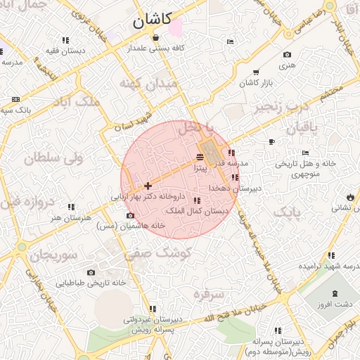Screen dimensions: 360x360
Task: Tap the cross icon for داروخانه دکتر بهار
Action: coord(148,186)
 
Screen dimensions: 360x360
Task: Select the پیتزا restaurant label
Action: coord(200,169)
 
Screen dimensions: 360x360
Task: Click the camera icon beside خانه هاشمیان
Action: coord(130,215)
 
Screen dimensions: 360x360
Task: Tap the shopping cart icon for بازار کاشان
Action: coord(256,72)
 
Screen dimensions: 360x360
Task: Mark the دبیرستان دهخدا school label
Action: coord(235,188)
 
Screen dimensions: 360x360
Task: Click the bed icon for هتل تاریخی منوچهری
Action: coord(304,153)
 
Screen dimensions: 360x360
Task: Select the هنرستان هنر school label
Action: coord(71,217)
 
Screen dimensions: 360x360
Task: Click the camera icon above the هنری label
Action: coord(287,55)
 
